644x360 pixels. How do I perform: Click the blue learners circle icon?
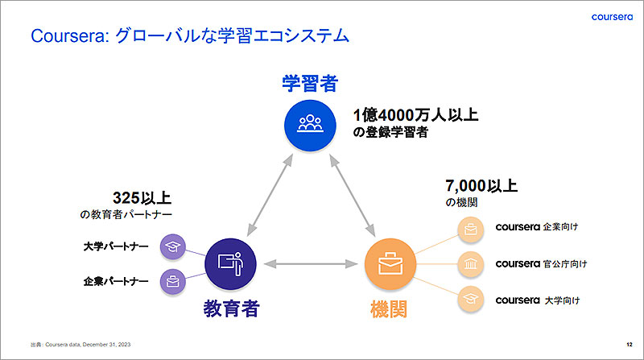309,125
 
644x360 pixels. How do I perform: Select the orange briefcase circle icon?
390,263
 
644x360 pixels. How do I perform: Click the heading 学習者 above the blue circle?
309,83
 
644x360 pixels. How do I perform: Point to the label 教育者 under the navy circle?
232,308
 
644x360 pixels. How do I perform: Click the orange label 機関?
390,308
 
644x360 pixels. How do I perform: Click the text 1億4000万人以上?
416,115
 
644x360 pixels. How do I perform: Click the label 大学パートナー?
116,246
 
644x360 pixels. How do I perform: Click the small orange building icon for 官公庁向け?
470,263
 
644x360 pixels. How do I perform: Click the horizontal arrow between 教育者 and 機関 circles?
309,263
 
